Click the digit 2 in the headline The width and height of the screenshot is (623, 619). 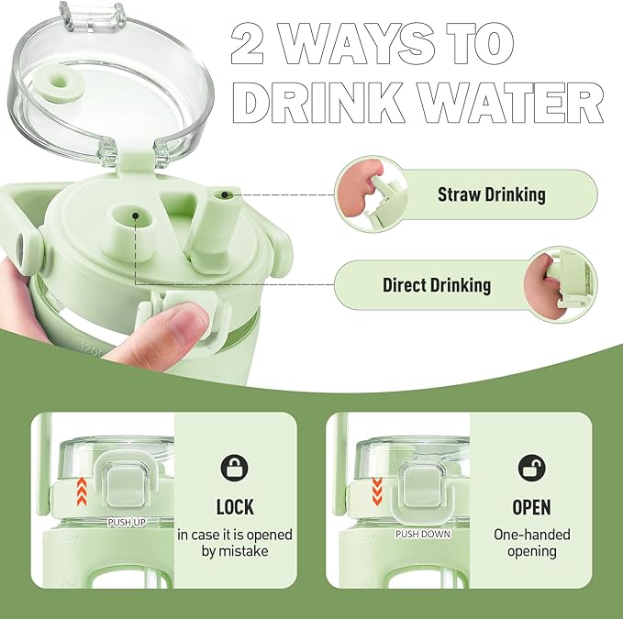click(x=247, y=43)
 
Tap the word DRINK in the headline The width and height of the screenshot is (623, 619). click(x=317, y=104)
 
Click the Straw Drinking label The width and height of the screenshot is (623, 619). click(x=492, y=194)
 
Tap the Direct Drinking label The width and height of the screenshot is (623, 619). click(x=437, y=285)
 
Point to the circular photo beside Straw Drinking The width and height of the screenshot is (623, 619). click(x=372, y=194)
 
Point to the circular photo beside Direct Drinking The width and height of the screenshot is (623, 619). click(x=561, y=284)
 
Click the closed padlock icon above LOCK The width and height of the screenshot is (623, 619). click(x=234, y=468)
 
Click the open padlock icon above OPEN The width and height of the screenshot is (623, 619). click(x=531, y=468)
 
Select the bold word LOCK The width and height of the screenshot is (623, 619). click(x=235, y=507)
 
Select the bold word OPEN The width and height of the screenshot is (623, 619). click(x=531, y=507)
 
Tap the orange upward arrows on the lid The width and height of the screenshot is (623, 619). click(x=82, y=492)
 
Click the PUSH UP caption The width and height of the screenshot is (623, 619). click(x=127, y=523)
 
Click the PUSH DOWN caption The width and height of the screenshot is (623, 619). click(x=423, y=534)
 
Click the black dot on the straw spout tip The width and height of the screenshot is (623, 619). click(x=225, y=194)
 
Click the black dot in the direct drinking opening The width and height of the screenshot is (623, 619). click(x=136, y=216)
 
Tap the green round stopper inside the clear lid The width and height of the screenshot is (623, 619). click(x=60, y=83)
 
